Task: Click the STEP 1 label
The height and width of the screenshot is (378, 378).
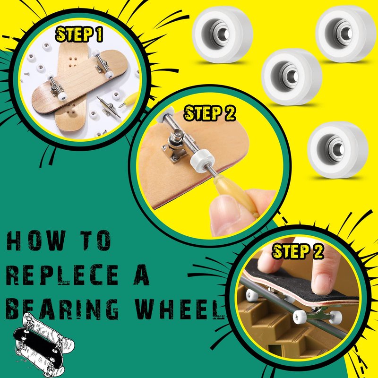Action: pos(79,34)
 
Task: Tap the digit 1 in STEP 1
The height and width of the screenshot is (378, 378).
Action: pos(99,34)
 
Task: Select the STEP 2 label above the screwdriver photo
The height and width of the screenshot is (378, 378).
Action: pos(209,113)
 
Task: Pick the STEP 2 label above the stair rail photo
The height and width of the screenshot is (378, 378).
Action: pos(298,251)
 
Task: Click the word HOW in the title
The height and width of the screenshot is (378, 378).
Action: pos(36,241)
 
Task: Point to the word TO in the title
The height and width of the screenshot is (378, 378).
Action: pos(96,241)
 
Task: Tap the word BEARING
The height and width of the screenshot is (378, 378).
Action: pos(62,309)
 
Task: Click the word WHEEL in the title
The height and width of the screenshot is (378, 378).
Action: pos(179,309)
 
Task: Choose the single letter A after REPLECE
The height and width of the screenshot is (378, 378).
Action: pos(142,275)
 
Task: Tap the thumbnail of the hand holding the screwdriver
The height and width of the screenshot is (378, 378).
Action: pos(210,166)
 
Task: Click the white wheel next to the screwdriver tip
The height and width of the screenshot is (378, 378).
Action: pos(202,161)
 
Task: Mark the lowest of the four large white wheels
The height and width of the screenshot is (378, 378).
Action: pos(338,150)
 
